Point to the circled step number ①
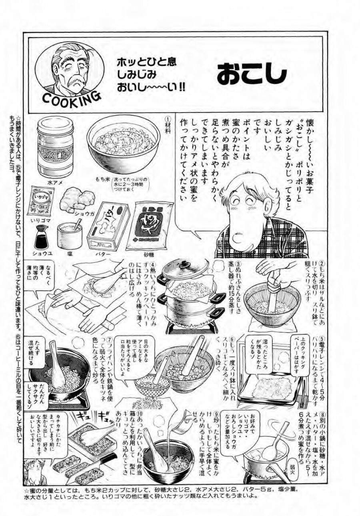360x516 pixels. (x=168, y=119)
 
